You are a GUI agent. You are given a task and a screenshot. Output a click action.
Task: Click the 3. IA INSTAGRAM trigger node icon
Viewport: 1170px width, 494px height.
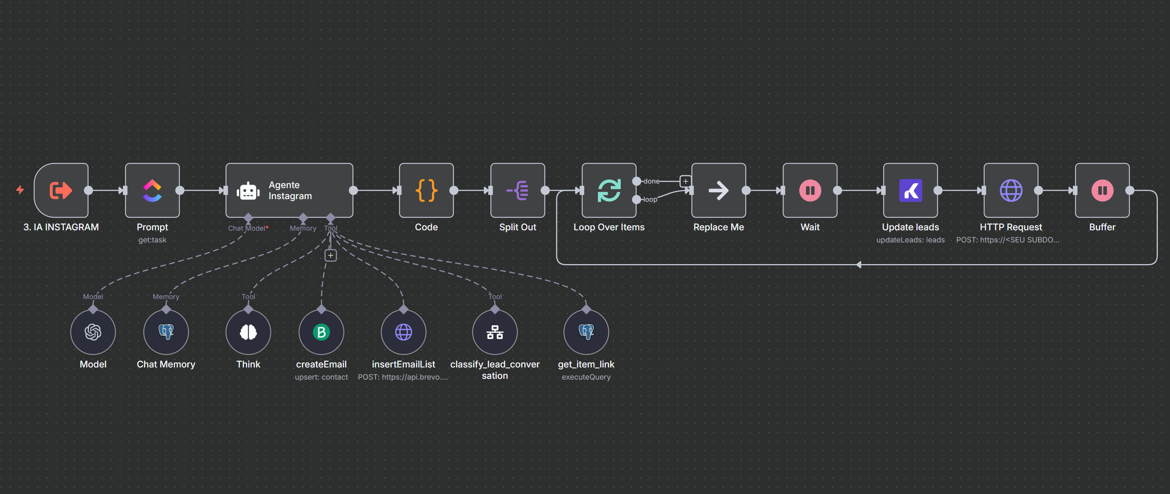pyautogui.click(x=61, y=190)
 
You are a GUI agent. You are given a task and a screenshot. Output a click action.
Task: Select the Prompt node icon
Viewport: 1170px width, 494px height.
pyautogui.click(x=152, y=190)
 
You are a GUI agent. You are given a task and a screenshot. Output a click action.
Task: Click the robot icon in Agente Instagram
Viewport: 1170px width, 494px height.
pyautogui.click(x=248, y=191)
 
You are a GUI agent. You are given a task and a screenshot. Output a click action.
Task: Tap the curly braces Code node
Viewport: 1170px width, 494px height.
pyautogui.click(x=426, y=190)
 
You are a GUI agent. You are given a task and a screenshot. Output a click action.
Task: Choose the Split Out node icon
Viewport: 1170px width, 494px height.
pyautogui.click(x=517, y=190)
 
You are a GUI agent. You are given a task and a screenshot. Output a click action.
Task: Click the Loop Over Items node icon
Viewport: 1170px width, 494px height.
pyautogui.click(x=609, y=190)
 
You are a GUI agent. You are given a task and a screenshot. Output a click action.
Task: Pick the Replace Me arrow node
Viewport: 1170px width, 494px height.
pyautogui.click(x=718, y=190)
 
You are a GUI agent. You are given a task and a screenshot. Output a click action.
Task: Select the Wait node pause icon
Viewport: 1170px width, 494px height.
pyautogui.click(x=810, y=190)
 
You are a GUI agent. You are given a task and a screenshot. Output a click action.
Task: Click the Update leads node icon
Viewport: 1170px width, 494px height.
pyautogui.click(x=910, y=190)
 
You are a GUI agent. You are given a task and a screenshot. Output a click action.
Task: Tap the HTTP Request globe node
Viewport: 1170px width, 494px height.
pyautogui.click(x=1011, y=190)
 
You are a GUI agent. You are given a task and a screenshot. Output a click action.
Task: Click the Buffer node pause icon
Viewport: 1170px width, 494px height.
pyautogui.click(x=1102, y=190)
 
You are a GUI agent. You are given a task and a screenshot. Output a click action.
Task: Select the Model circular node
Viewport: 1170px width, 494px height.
pyautogui.click(x=93, y=332)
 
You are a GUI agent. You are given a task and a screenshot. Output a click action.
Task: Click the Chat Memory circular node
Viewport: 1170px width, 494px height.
pyautogui.click(x=166, y=332)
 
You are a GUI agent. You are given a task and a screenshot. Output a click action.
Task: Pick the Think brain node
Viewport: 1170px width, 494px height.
pyautogui.click(x=248, y=332)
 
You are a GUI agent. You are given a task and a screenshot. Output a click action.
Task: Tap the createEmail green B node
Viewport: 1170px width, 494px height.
pyautogui.click(x=322, y=332)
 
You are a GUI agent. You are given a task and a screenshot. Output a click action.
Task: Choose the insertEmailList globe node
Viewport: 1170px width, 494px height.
pyautogui.click(x=404, y=332)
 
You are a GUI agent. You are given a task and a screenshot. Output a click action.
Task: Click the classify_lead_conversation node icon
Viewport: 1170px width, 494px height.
pyautogui.click(x=495, y=332)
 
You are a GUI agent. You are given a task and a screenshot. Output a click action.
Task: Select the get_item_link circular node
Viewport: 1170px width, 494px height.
pyautogui.click(x=587, y=332)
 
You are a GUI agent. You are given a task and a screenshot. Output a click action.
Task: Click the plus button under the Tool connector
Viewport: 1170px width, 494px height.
pyautogui.click(x=331, y=255)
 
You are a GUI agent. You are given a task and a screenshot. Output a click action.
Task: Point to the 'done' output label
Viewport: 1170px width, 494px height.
pyautogui.click(x=651, y=181)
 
